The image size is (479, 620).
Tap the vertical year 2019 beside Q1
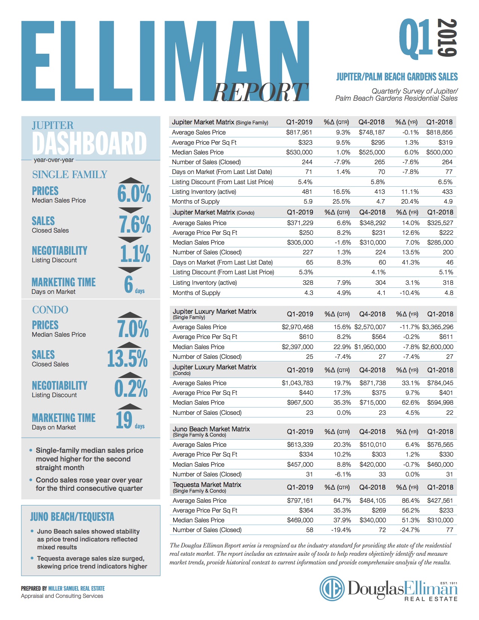[447, 38]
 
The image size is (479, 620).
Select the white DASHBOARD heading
[89, 143]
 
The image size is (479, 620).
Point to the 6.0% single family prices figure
[134, 194]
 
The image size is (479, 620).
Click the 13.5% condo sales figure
[127, 358]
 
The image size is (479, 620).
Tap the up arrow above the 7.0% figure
[130, 315]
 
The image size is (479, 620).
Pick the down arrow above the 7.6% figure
[130, 210]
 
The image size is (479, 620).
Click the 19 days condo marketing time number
[124, 420]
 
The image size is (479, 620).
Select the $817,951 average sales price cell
[299, 132]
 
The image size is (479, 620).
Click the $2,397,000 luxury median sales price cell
[297, 347]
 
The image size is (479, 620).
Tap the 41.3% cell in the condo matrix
[411, 262]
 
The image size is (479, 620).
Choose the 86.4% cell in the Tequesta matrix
[411, 501]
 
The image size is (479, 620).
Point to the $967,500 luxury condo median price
[300, 402]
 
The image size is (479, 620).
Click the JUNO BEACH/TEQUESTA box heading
[72, 517]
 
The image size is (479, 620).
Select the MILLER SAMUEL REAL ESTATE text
[77, 588]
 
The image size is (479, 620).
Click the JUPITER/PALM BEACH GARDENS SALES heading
[397, 77]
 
